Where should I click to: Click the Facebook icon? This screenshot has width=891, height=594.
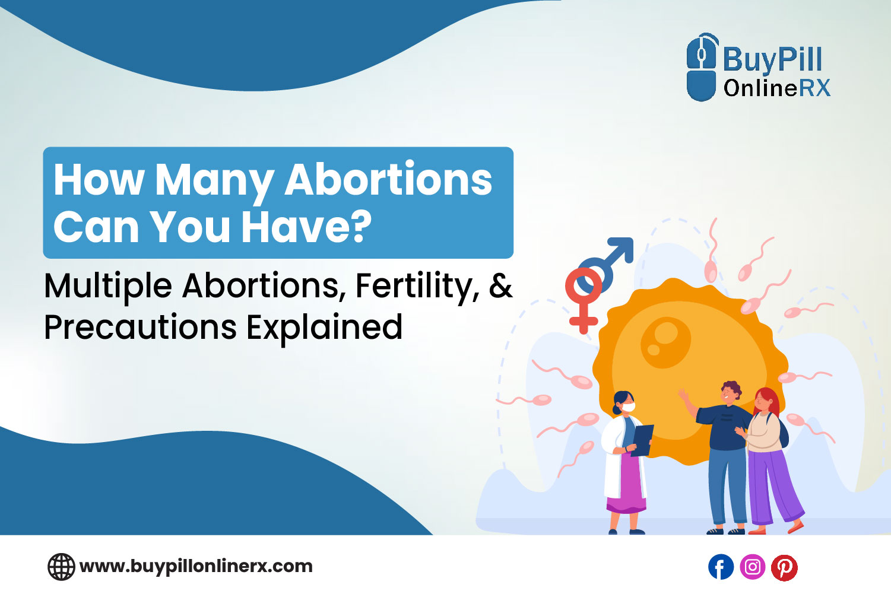click(721, 567)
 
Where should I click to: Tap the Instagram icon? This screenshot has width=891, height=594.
click(752, 567)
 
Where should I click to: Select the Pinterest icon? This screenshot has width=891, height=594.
click(784, 567)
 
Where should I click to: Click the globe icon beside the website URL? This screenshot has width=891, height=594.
click(61, 567)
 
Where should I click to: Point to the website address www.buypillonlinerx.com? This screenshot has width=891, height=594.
click(196, 566)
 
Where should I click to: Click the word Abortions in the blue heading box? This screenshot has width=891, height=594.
click(388, 179)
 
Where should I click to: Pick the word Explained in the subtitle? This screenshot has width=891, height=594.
click(325, 327)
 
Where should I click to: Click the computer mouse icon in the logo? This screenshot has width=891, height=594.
click(701, 67)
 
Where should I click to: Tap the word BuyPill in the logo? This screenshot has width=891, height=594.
click(772, 59)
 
